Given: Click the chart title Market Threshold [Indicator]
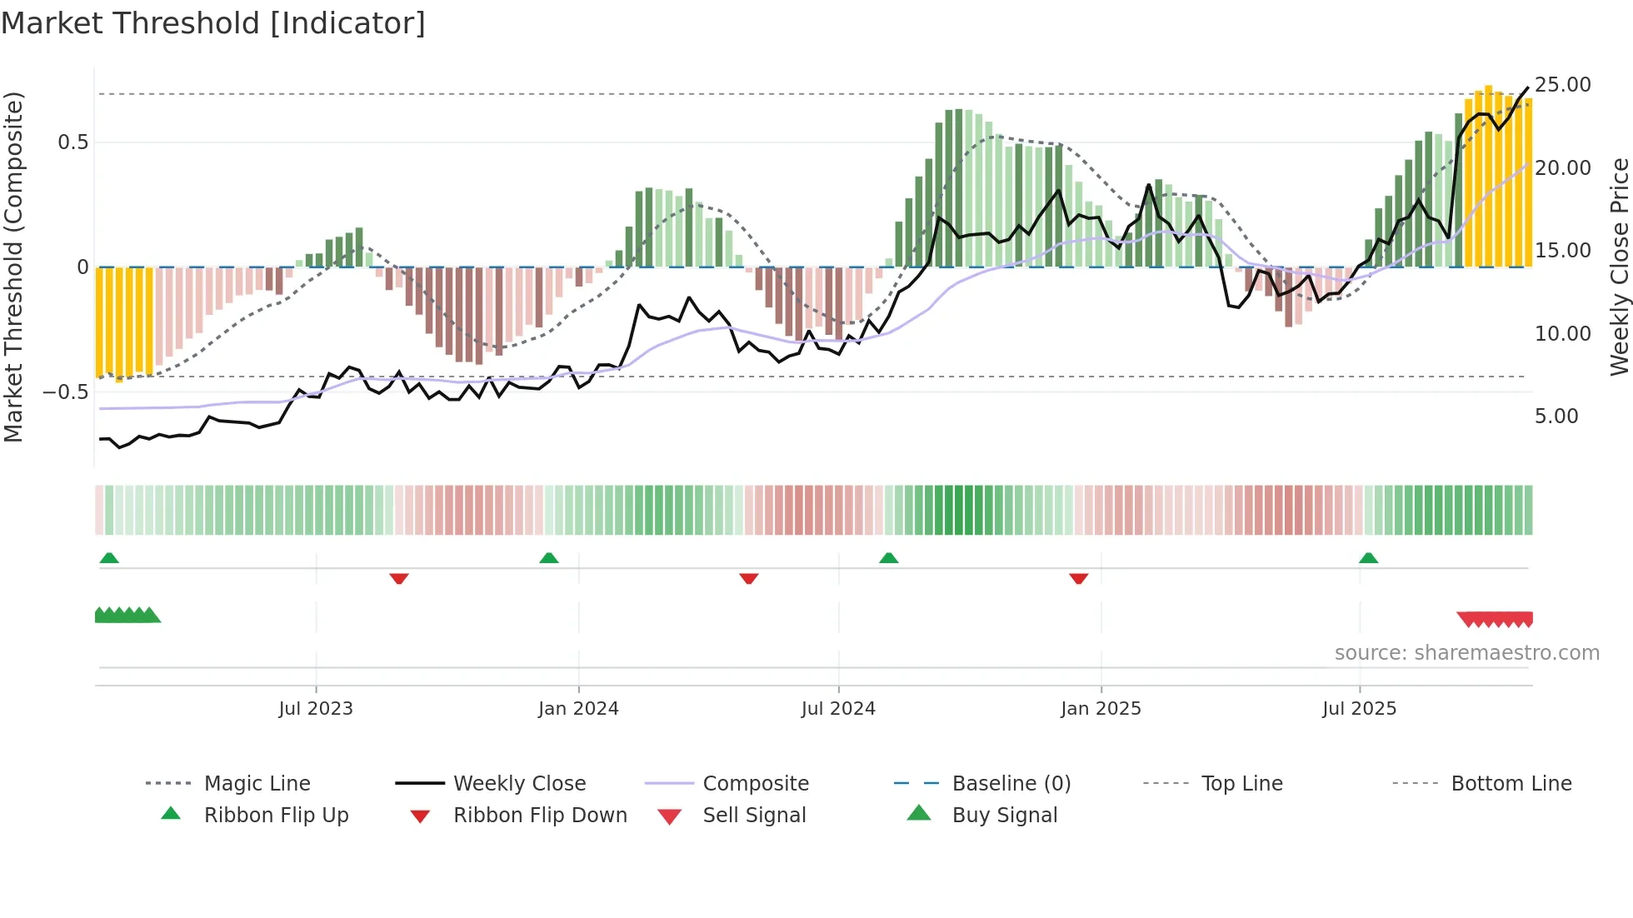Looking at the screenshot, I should pos(213,23).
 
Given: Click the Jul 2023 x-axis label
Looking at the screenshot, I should pos(316,709).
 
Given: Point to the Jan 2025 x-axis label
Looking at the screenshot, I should pos(1101,709).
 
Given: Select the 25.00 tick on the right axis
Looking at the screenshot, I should pos(1562,85).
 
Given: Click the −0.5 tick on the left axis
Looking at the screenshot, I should pos(66,392).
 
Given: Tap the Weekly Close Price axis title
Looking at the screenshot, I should pos(1619,267).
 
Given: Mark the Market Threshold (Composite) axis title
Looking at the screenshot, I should pos(13,267).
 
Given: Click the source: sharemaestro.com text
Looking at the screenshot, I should pos(1466,653).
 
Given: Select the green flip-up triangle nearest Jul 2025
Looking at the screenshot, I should pos(1368,558).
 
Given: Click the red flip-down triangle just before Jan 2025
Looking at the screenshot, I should pos(1079,578).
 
